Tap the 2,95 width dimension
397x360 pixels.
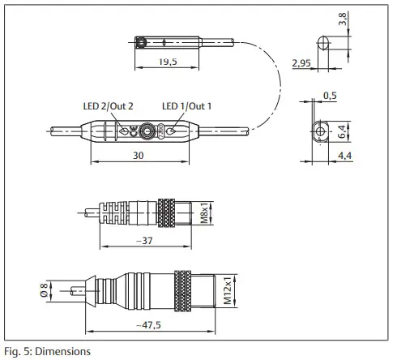[x=302, y=62]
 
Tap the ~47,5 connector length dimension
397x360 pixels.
[x=153, y=324]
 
